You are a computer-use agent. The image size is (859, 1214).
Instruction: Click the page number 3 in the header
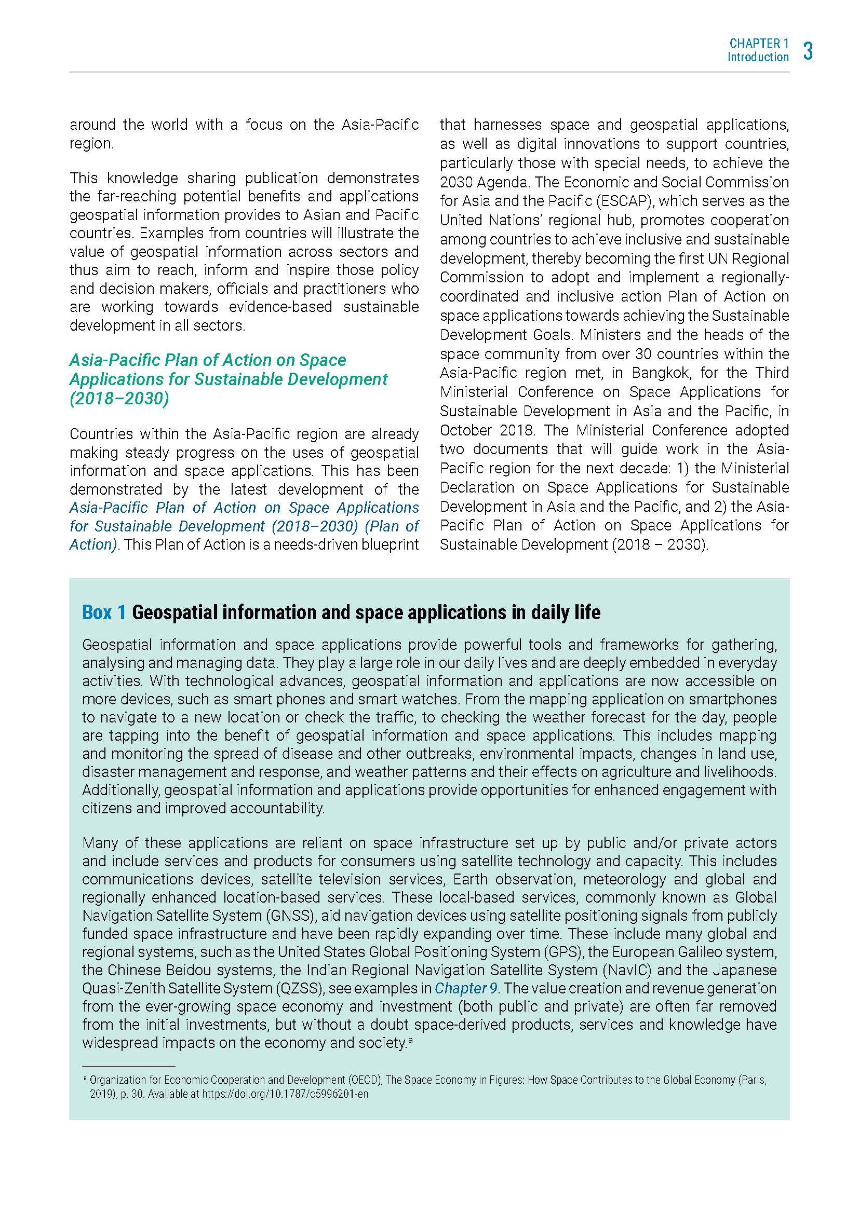pyautogui.click(x=808, y=51)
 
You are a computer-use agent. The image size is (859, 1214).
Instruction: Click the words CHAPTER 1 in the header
pyautogui.click(x=758, y=44)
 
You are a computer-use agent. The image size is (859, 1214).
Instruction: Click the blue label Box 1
pyautogui.click(x=104, y=612)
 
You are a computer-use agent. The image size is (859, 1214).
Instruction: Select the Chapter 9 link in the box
pyautogui.click(x=465, y=988)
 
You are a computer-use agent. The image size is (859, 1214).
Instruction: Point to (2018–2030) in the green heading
pyautogui.click(x=119, y=398)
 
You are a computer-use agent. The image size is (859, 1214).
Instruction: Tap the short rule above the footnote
pyautogui.click(x=128, y=1067)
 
